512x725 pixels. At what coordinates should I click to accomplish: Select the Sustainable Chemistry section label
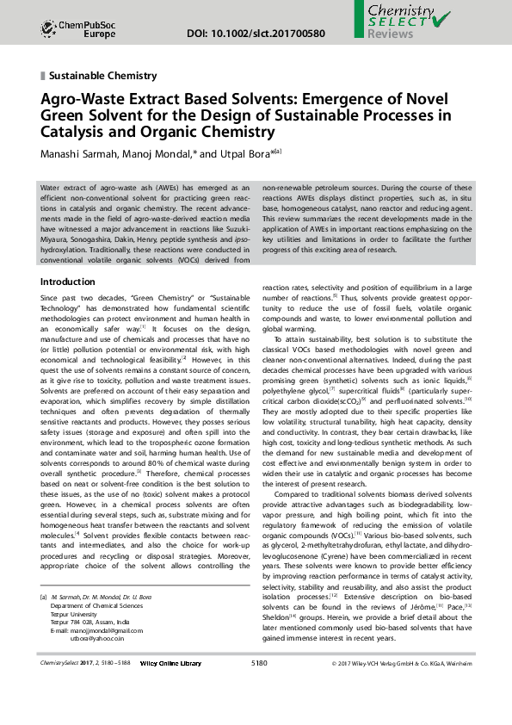(x=103, y=76)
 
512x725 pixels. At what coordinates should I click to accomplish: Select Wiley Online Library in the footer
(x=171, y=687)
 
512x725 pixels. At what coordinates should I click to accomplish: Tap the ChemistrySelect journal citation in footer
(x=83, y=687)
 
